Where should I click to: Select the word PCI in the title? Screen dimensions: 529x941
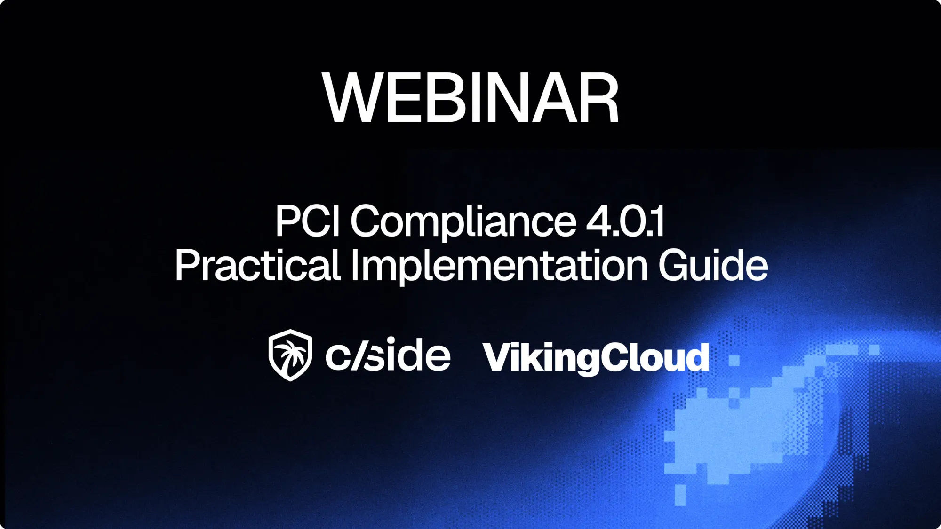click(x=307, y=221)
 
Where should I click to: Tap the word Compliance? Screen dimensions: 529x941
click(x=463, y=222)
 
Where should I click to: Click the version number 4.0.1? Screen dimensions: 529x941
click(x=625, y=221)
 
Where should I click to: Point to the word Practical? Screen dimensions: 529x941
click(x=257, y=265)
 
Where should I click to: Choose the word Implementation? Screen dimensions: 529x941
click(x=499, y=266)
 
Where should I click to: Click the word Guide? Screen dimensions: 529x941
click(x=713, y=265)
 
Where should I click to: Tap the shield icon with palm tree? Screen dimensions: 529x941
click(x=290, y=355)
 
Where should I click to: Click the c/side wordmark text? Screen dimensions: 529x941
click(x=388, y=355)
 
